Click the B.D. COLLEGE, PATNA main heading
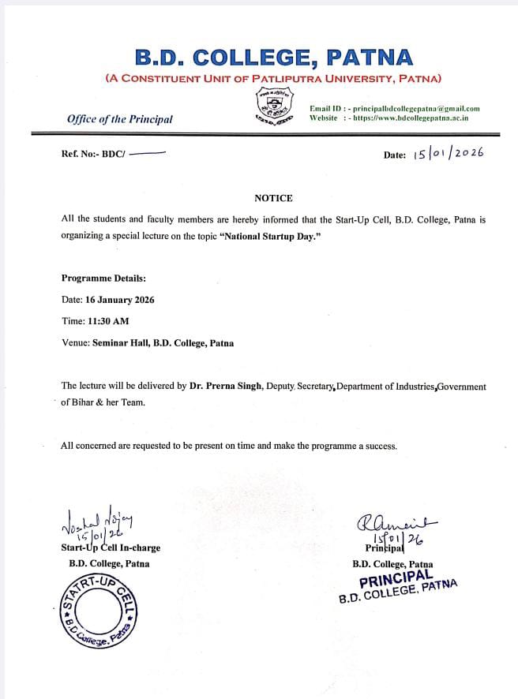[x=273, y=58]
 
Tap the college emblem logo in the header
[x=273, y=107]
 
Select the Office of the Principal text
[x=120, y=119]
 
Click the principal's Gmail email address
[x=416, y=108]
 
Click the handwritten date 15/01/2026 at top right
[x=448, y=153]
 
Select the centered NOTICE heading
[x=273, y=198]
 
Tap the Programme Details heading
[x=103, y=278]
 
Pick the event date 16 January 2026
[x=123, y=300]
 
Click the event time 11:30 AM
[x=107, y=321]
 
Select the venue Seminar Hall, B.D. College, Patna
[x=163, y=343]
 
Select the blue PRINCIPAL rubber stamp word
[x=396, y=581]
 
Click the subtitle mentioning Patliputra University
[x=273, y=78]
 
